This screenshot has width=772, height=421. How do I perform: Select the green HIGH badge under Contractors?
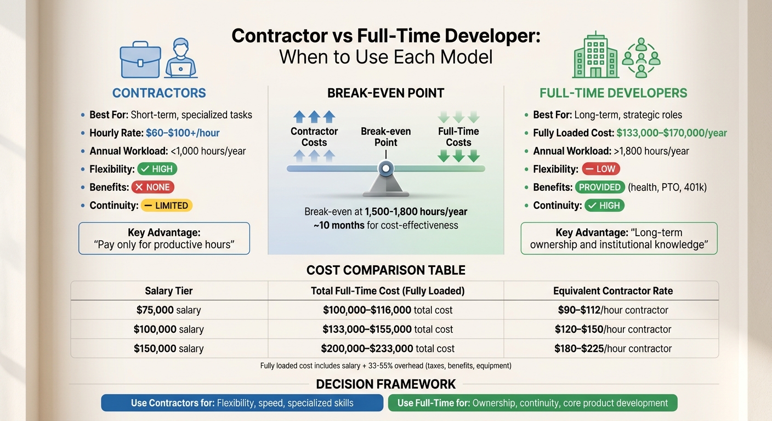(157, 169)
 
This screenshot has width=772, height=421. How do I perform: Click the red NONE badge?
(153, 187)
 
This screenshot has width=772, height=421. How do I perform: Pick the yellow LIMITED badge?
(167, 206)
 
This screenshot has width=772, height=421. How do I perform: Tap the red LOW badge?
(601, 169)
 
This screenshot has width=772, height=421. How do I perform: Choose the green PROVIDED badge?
(600, 187)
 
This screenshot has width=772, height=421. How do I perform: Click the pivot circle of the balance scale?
(386, 168)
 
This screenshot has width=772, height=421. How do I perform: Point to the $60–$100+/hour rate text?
(183, 133)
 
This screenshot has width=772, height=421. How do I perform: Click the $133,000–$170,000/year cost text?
(672, 133)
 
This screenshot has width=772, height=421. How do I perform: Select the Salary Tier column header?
(169, 291)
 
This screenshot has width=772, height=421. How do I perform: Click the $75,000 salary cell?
(169, 310)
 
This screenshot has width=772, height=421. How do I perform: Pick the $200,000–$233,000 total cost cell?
(388, 349)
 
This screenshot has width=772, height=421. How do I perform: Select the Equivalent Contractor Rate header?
(613, 291)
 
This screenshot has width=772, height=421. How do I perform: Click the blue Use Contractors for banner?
(242, 403)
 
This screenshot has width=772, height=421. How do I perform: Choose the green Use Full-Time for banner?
(532, 403)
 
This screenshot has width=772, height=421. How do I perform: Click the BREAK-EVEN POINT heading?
(385, 93)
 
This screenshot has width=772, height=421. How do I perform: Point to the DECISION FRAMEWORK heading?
(386, 384)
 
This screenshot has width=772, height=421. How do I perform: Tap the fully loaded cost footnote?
(386, 366)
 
